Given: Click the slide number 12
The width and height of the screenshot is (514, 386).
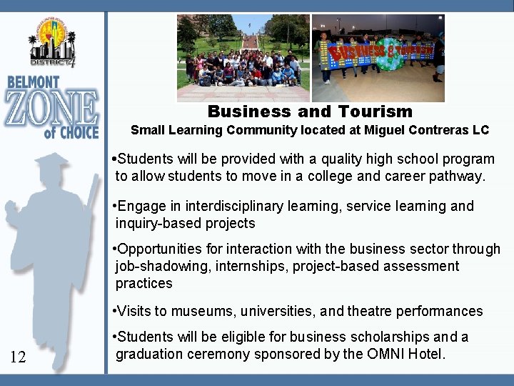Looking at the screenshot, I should [x=19, y=357].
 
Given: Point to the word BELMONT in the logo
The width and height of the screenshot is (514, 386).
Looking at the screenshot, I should [x=44, y=83].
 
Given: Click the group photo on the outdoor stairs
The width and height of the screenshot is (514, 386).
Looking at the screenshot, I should [x=243, y=58].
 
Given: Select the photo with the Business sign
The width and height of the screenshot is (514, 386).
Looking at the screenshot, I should [x=378, y=58].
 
